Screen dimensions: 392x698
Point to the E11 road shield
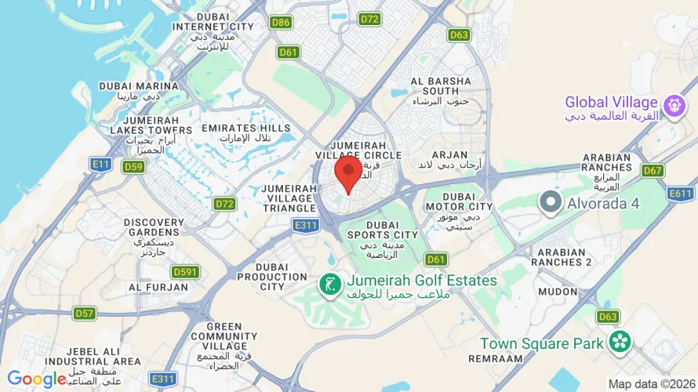(x=100, y=164)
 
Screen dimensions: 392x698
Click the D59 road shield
(x=134, y=166)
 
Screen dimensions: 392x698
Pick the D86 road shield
(x=281, y=22)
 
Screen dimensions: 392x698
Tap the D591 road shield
(x=185, y=272)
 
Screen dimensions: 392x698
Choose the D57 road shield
(x=85, y=314)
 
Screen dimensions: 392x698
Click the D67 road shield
(x=653, y=170)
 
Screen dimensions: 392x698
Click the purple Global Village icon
(x=673, y=105)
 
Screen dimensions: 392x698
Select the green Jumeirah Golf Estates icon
(x=329, y=285)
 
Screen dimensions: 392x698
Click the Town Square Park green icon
(x=620, y=342)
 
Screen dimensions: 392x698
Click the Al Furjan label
(x=158, y=287)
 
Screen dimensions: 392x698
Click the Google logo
(x=37, y=379)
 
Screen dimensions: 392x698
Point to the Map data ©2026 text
(x=651, y=384)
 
